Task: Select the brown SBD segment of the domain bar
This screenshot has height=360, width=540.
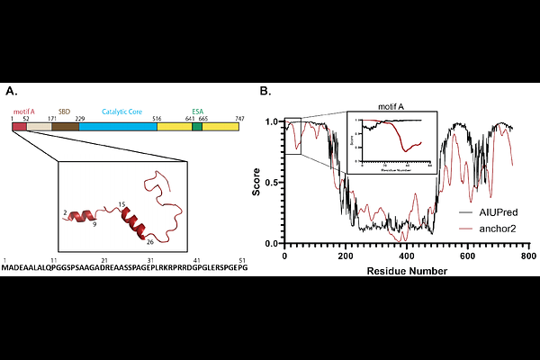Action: [65, 127]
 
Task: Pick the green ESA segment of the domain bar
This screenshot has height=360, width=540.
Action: [197, 127]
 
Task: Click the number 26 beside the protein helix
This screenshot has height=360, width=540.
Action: [148, 240]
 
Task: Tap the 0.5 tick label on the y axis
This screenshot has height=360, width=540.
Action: [273, 183]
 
